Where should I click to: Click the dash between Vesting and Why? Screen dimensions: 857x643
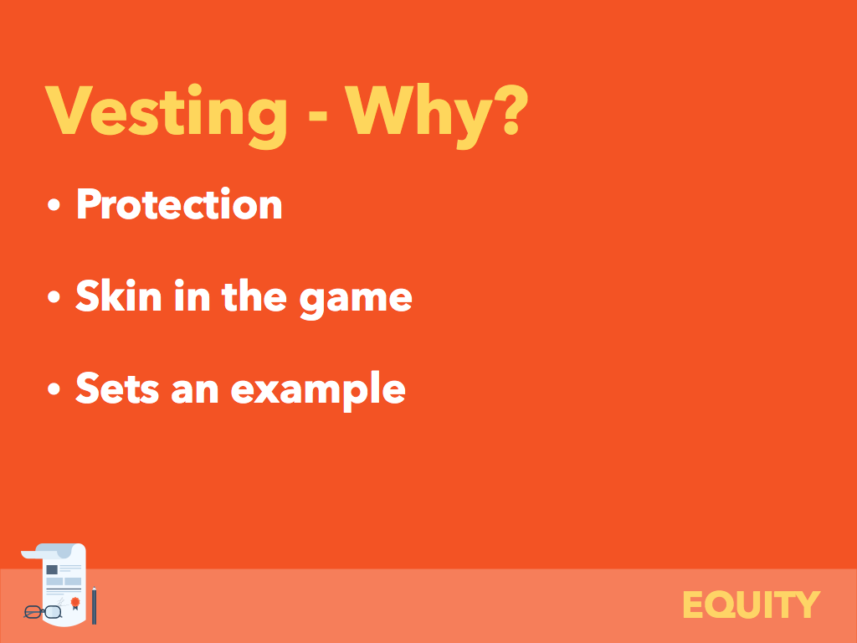tap(317, 116)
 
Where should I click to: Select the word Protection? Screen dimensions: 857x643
tap(179, 203)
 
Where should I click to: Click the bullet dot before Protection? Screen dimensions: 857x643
tap(54, 204)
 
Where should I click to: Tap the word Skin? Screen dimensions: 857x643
tap(119, 296)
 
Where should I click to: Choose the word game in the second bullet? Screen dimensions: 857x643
tap(356, 301)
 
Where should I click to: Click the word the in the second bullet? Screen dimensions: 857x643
tap(254, 296)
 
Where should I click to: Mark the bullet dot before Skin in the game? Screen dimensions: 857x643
tap(54, 296)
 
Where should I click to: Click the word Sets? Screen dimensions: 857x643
tap(117, 388)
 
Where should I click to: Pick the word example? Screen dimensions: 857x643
tap(318, 390)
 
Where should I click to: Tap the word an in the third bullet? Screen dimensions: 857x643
tap(195, 391)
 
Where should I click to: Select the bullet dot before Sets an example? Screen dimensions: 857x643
tap(54, 388)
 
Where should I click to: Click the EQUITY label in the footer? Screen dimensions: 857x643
tap(752, 604)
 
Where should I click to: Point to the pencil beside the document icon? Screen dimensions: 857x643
tap(94, 605)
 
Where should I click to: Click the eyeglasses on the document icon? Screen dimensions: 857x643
tap(43, 612)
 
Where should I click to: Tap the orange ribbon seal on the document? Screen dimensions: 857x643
tap(75, 603)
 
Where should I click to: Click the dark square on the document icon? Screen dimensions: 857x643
tap(52, 569)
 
